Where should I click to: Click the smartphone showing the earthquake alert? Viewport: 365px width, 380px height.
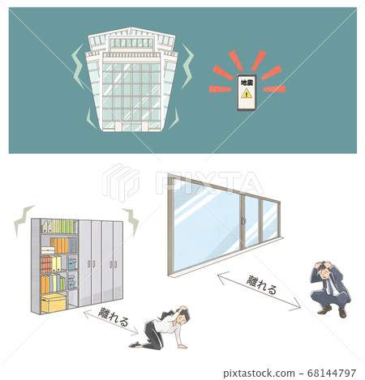(x=247, y=92)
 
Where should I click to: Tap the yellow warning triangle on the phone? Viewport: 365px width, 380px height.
(x=247, y=94)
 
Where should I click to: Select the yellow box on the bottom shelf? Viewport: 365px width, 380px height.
(x=54, y=303)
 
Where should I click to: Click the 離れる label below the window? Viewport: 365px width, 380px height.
(x=261, y=284)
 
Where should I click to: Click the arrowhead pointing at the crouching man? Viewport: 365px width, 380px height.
(x=298, y=305)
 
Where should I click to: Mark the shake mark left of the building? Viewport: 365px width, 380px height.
(x=77, y=66)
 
